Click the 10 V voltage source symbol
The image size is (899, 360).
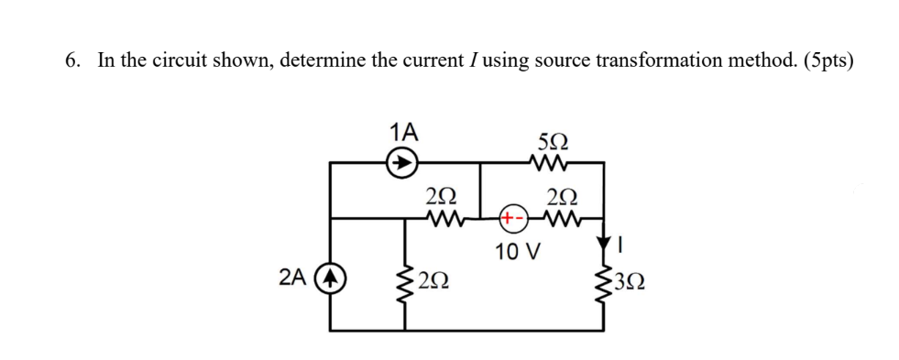[511, 219]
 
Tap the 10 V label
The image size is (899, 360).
[518, 250]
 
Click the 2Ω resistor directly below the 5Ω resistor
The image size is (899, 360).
[561, 219]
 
